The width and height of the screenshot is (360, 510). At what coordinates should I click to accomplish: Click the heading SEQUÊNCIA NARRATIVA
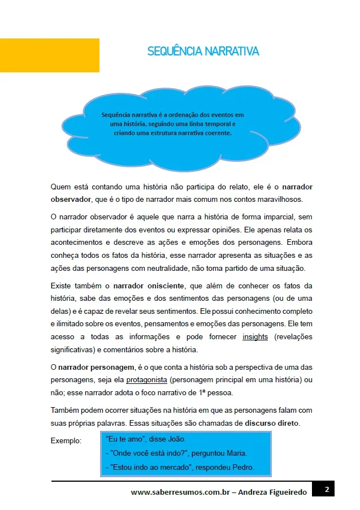coord(203,51)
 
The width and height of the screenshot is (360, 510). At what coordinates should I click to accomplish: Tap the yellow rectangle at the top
coord(50,55)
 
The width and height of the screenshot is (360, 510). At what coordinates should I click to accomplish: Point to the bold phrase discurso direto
coord(272,423)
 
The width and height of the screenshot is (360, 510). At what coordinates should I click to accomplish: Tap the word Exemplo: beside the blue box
coord(66,440)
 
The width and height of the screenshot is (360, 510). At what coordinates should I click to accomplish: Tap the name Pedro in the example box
coord(242,468)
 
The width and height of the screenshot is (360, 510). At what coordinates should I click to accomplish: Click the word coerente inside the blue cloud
coord(219,133)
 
